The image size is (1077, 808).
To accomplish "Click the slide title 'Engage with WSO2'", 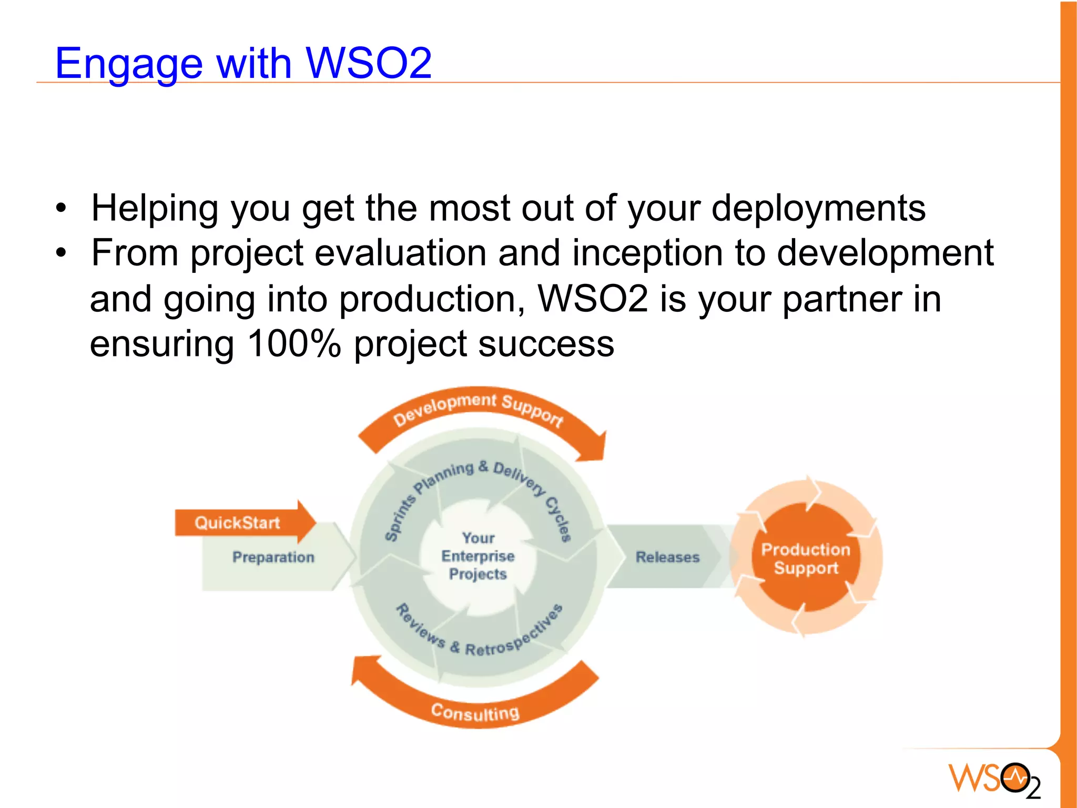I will pos(243,63).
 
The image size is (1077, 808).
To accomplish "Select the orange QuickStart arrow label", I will pos(237,523).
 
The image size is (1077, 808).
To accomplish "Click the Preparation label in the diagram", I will pos(273,557).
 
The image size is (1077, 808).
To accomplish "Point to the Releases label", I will pos(667,557).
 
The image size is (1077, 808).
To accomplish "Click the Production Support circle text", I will pos(806,558).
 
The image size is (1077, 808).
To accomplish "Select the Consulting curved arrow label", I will pos(475,712).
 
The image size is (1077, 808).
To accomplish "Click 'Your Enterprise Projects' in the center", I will pos(477,556).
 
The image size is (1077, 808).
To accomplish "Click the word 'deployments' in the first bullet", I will pos(818,208).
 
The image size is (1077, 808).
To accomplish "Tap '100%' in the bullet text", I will pos(294,344).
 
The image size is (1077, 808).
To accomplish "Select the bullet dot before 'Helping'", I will pos(62,208).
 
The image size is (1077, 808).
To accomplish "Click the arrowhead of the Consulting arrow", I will pos(365,670).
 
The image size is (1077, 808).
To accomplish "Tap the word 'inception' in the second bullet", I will pos(647,253).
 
